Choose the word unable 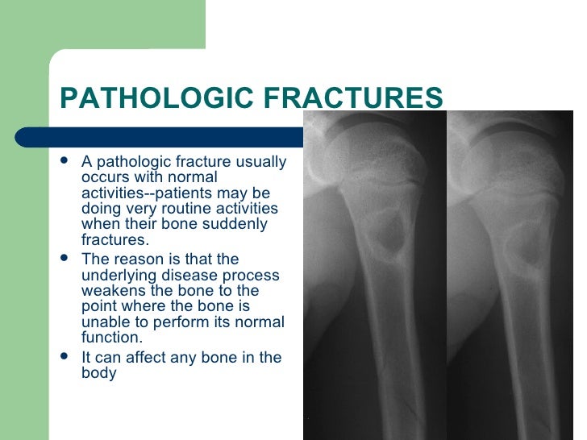(x=104, y=322)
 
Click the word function (x=110, y=338)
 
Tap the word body (x=98, y=373)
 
